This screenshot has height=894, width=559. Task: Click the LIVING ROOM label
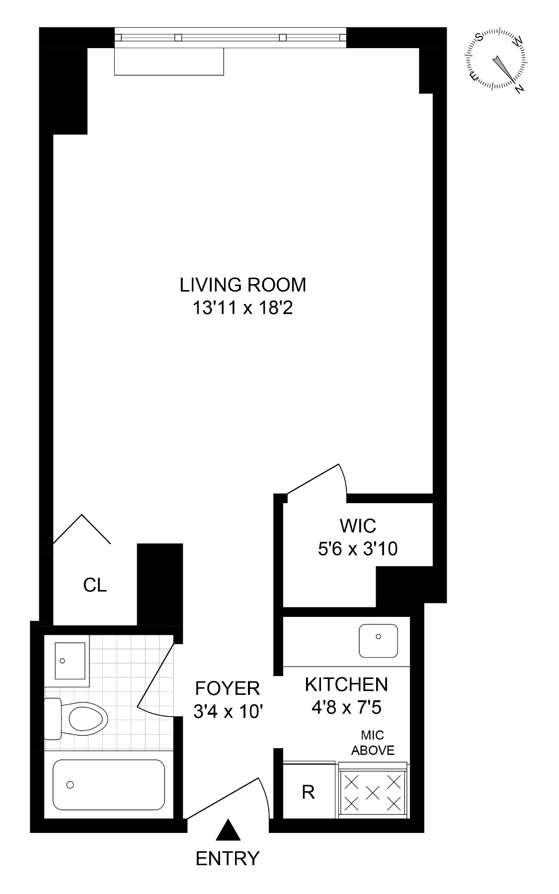242,285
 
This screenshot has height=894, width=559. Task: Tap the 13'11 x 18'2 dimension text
242,308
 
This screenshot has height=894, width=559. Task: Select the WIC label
357,525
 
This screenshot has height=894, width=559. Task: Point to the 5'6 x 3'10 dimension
357,549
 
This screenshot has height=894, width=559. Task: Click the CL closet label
95,586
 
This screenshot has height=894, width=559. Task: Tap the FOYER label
227,688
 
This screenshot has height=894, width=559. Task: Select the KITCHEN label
346,684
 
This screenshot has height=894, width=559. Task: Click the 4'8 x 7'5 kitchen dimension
346,707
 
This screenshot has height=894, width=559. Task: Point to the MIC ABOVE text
373,743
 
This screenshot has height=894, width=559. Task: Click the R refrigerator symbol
308,792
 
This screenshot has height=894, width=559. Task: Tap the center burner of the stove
373,792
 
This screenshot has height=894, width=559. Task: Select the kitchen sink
379,640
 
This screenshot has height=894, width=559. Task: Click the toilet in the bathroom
82,718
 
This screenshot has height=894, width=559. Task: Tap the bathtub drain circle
70,785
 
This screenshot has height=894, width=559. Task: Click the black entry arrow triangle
229,830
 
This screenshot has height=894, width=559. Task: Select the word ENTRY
228,858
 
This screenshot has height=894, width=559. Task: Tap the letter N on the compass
519,89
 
